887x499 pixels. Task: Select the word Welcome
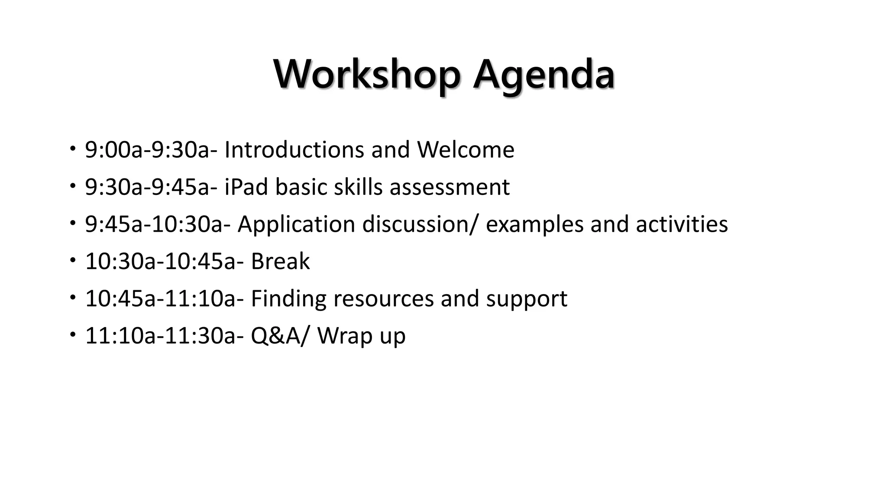[466, 150]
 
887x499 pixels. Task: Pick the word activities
[682, 224]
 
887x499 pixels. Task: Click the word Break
[280, 262]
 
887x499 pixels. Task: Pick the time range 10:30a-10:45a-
[165, 262]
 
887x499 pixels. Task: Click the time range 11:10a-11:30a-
[165, 336]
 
